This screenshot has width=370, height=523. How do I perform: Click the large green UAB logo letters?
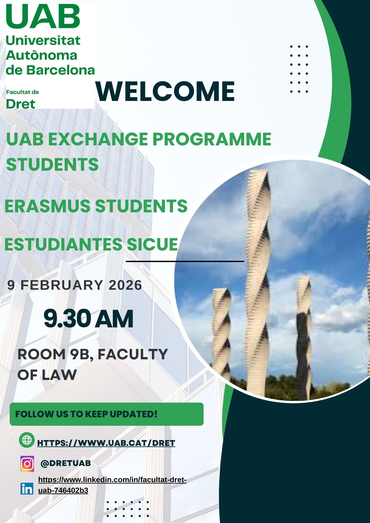[x=43, y=17]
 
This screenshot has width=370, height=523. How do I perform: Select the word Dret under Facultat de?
[x=20, y=104]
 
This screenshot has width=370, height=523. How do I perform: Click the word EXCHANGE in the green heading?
[x=98, y=139]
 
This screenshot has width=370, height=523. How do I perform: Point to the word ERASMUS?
[x=47, y=206]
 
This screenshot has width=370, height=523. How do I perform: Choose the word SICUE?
[x=152, y=245]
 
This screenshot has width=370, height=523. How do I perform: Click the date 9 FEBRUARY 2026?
[x=75, y=285]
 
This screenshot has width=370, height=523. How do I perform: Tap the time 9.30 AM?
[x=88, y=319]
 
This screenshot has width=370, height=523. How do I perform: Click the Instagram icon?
[x=27, y=464]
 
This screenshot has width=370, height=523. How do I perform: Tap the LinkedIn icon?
[x=27, y=488]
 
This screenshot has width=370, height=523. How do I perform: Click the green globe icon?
[x=27, y=440]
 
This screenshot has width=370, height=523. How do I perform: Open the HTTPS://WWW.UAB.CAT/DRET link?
[x=106, y=443]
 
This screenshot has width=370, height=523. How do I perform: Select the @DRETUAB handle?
[x=66, y=463]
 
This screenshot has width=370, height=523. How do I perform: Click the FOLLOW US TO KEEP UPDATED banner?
[x=106, y=414]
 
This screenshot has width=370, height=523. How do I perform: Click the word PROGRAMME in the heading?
[x=212, y=139]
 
